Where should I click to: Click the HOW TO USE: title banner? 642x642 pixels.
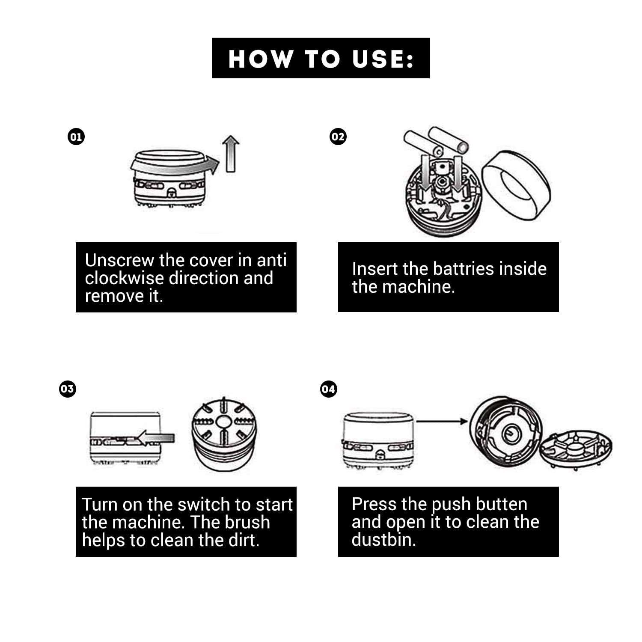(321, 58)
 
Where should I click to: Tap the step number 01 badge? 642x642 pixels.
(76, 137)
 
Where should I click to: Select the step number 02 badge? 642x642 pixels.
(338, 137)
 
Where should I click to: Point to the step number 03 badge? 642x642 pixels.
(67, 389)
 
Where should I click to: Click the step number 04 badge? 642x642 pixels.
(328, 389)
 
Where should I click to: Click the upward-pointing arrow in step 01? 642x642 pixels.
(231, 154)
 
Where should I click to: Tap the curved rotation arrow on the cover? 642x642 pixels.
(175, 166)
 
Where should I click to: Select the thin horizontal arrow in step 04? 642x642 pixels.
(442, 422)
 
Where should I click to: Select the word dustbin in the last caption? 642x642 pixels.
(383, 540)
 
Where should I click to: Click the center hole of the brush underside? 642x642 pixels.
(223, 422)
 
